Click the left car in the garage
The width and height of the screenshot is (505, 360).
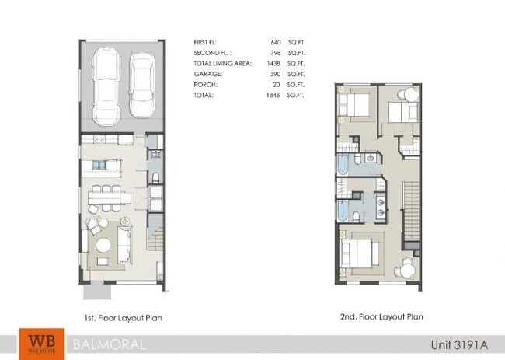point(106,86)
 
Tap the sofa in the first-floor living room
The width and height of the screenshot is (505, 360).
point(124,243)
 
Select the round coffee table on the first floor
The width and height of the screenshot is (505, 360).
point(104,245)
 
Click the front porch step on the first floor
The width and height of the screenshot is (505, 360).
point(97,292)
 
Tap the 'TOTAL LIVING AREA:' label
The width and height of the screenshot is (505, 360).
point(222,63)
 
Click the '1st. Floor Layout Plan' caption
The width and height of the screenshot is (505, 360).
point(124,317)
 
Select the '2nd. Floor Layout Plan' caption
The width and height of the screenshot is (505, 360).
point(381,317)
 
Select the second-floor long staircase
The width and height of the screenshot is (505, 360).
point(409,214)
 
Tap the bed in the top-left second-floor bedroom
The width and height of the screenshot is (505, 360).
point(356,107)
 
